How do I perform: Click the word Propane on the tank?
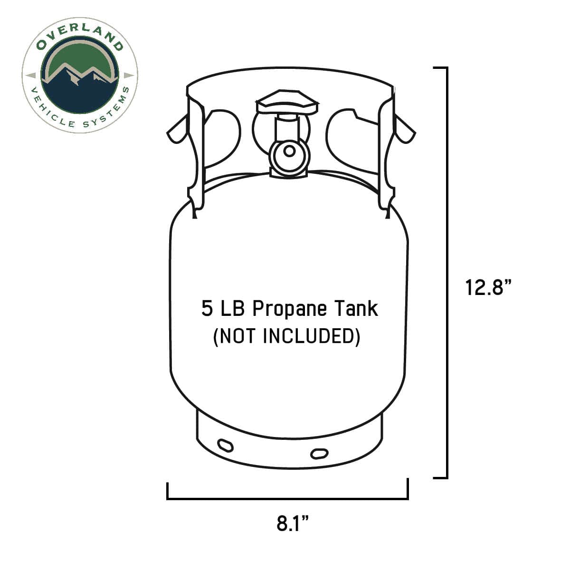tap(290, 309)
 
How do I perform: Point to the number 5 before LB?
tap(207, 309)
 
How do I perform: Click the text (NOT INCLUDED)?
tap(286, 336)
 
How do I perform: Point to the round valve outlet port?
tap(288, 152)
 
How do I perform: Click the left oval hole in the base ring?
tap(225, 446)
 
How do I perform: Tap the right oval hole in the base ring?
tap(319, 453)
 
